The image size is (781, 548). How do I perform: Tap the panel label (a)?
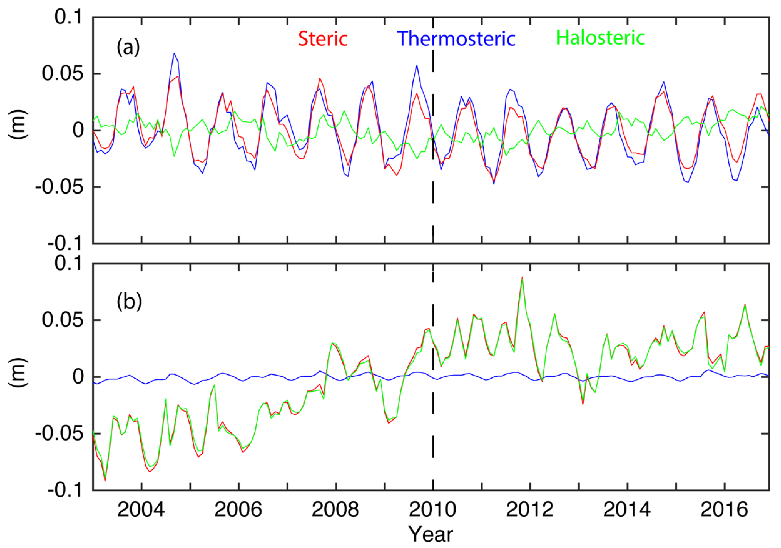[128, 47]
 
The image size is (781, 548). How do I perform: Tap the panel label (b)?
[129, 302]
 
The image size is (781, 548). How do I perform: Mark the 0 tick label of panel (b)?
[78, 377]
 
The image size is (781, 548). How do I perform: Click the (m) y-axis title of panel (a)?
[18, 124]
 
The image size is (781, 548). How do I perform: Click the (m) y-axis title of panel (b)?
[18, 372]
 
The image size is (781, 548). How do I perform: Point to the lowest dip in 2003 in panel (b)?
[105, 480]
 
